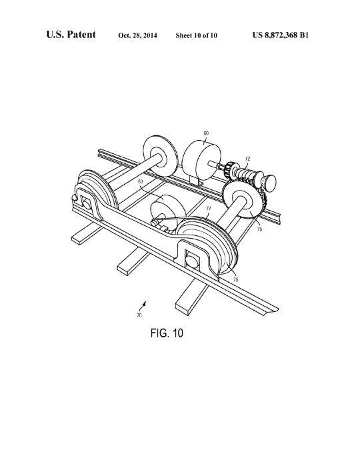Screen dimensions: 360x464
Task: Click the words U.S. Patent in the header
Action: click(71, 35)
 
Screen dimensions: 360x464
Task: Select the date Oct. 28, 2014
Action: click(137, 36)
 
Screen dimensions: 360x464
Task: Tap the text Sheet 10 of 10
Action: click(196, 35)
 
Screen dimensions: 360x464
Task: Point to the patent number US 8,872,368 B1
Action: click(281, 35)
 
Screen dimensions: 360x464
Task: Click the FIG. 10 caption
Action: click(167, 333)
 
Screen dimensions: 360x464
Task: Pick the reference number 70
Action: click(139, 315)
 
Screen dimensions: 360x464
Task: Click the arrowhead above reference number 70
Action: click(145, 303)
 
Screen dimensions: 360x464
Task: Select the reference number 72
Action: click(247, 159)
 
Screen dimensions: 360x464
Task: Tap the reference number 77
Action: click(209, 208)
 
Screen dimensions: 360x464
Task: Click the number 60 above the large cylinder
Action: click(206, 133)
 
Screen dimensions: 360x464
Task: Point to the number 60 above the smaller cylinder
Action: click(141, 181)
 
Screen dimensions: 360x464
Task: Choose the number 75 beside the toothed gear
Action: click(259, 229)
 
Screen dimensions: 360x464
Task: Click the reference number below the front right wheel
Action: click(236, 279)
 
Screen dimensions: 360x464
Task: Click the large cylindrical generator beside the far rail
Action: click(201, 161)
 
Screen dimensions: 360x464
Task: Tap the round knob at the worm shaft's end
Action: click(269, 181)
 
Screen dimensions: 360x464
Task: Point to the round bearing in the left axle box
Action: click(86, 203)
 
